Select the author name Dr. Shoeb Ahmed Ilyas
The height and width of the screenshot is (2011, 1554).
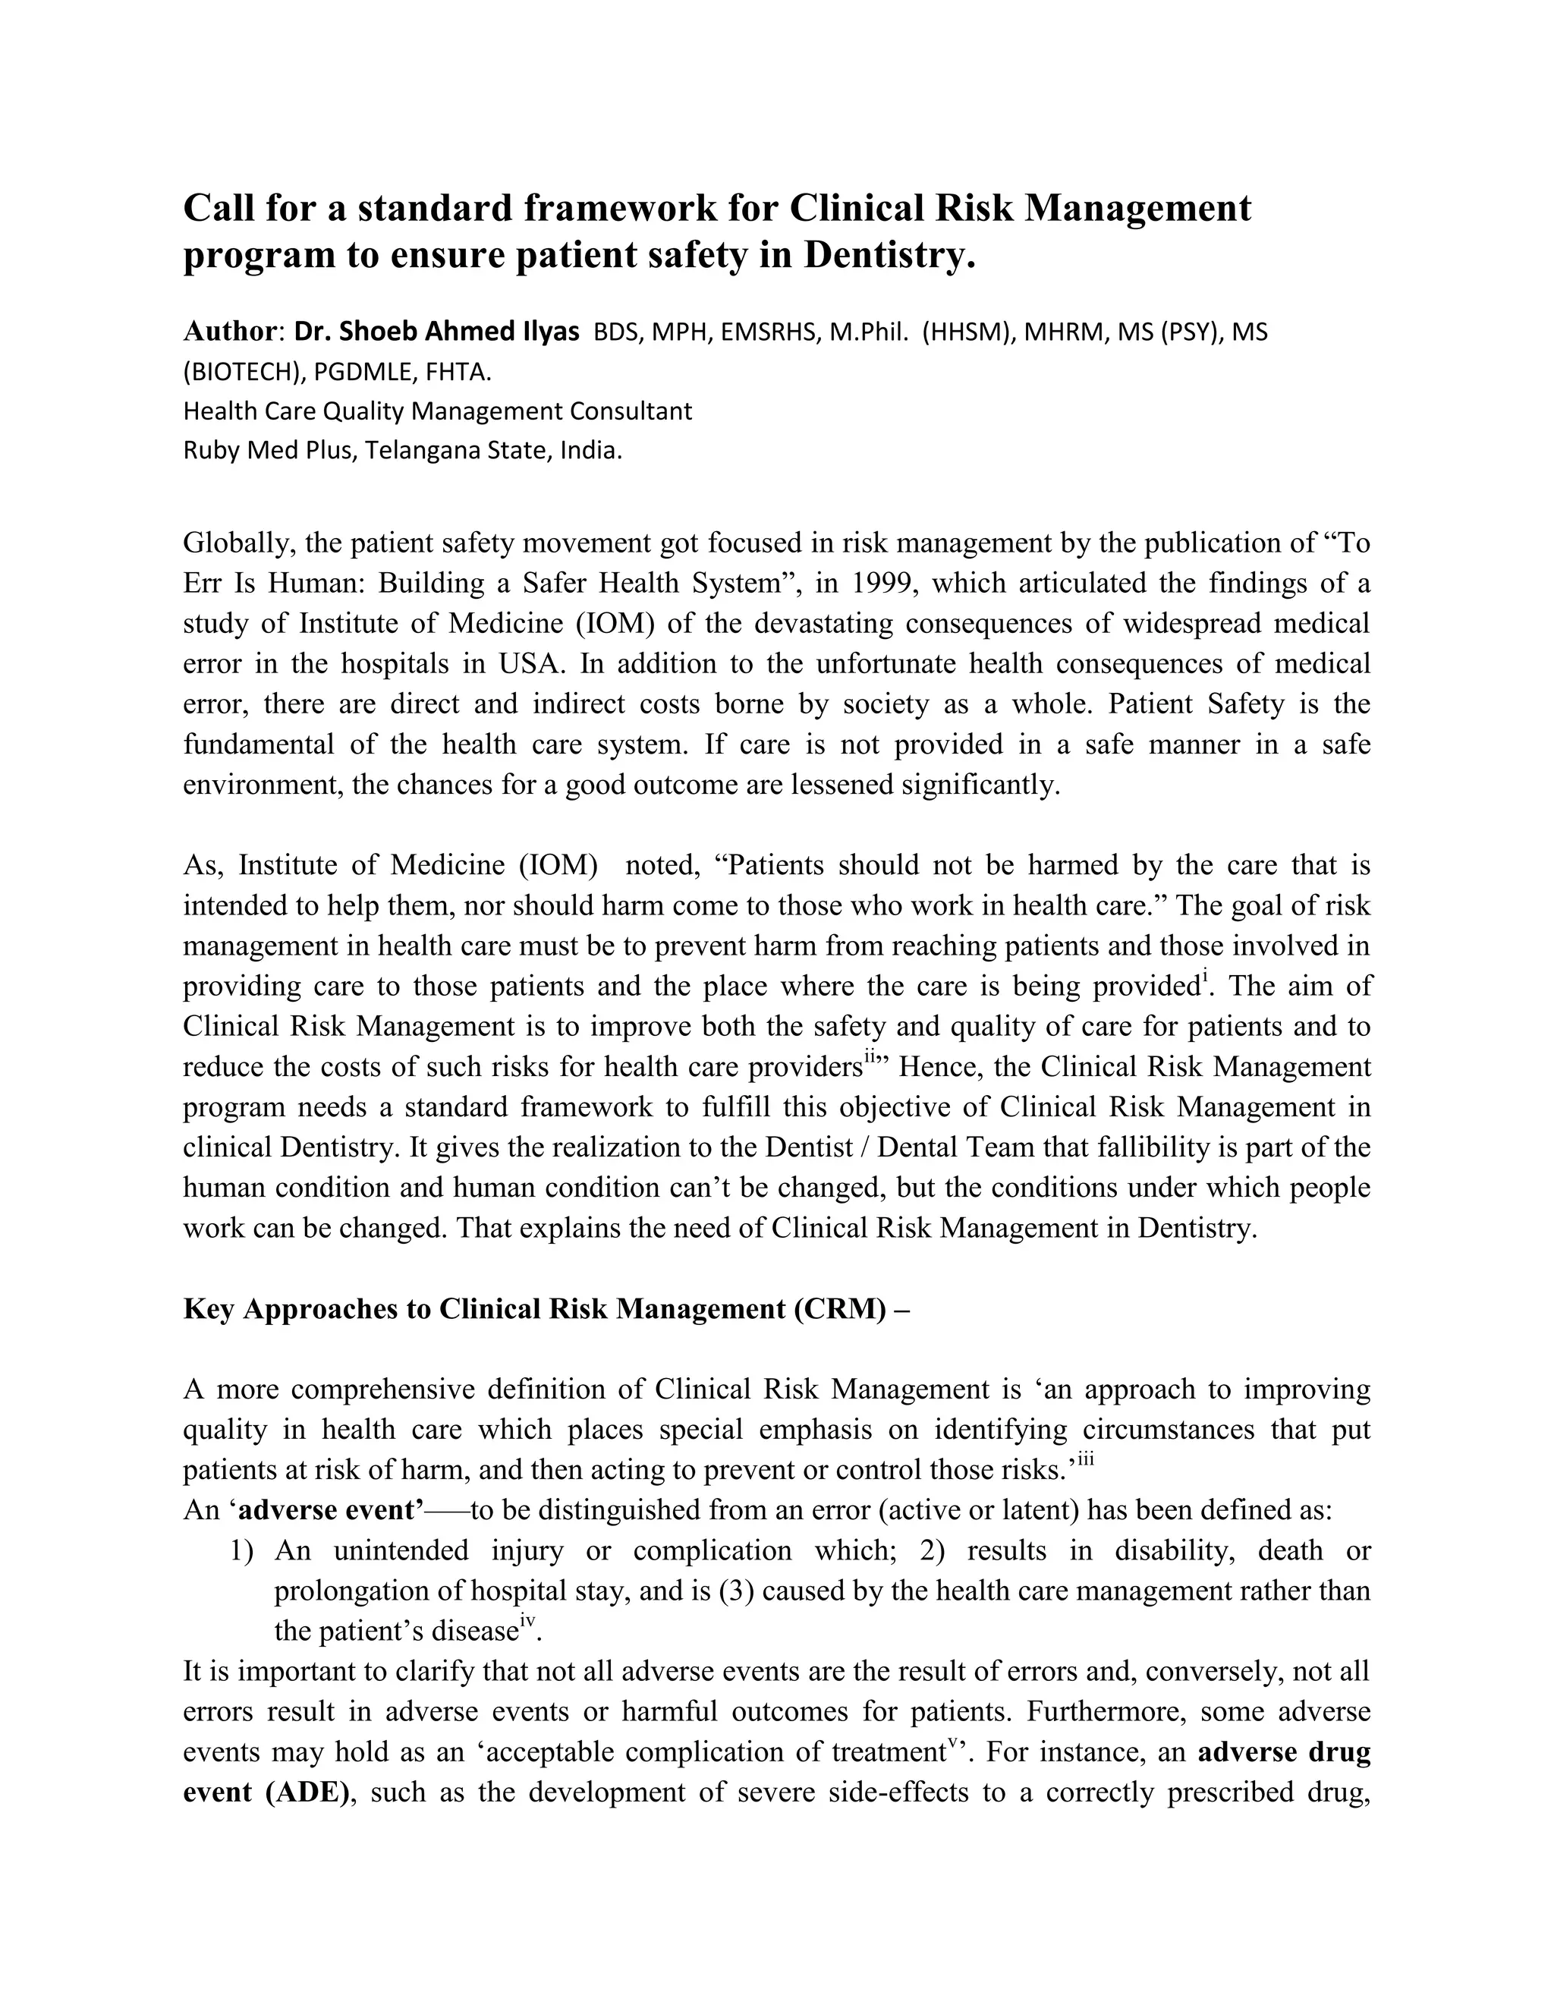pyautogui.click(x=436, y=332)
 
